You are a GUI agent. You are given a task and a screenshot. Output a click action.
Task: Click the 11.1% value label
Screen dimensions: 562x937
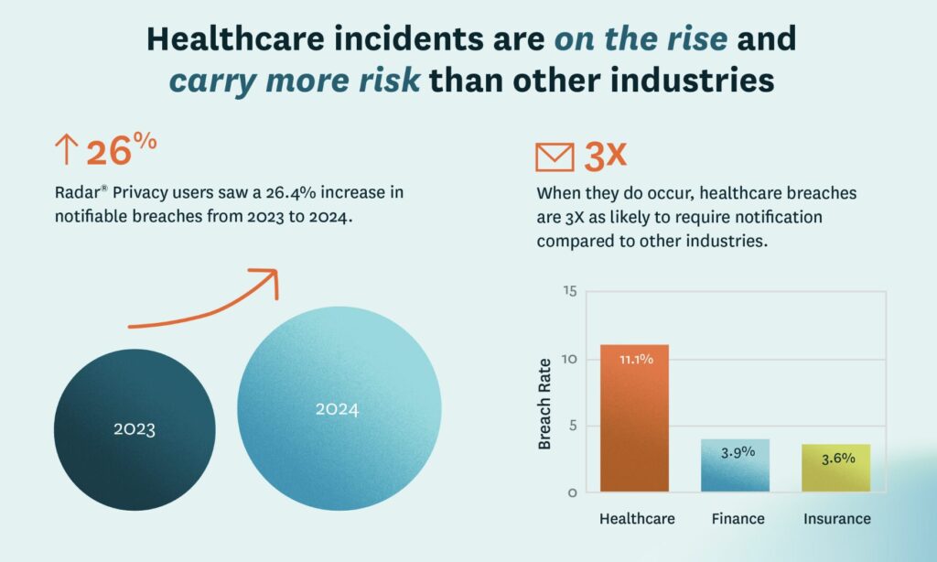(635, 359)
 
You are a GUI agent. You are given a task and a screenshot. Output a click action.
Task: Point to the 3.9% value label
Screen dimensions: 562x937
(738, 452)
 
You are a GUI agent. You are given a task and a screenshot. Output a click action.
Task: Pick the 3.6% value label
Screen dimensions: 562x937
(836, 458)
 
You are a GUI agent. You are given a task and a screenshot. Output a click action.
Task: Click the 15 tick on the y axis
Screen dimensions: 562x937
(569, 292)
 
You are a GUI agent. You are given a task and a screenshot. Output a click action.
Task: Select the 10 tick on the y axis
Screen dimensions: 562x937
(569, 359)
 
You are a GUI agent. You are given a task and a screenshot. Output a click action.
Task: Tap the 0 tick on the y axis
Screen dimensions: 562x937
(572, 492)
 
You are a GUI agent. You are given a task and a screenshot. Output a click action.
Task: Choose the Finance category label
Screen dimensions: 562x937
(738, 519)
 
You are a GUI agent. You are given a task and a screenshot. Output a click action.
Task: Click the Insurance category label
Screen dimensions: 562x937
(836, 519)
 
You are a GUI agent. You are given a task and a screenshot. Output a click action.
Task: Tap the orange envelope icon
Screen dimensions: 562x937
(555, 157)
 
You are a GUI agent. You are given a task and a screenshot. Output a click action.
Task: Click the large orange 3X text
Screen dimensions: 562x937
(605, 156)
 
